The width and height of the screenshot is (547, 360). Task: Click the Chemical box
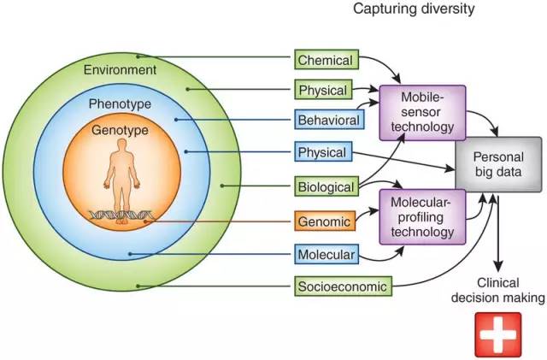pyautogui.click(x=326, y=60)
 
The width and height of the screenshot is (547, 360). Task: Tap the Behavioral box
pyautogui.click(x=326, y=121)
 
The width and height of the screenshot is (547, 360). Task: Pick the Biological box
pyautogui.click(x=326, y=185)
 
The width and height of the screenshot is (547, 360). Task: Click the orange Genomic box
pyautogui.click(x=325, y=221)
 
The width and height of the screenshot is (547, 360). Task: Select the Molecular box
pyautogui.click(x=326, y=254)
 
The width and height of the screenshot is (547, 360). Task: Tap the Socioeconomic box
pyautogui.click(x=342, y=286)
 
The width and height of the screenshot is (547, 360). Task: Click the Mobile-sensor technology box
pyautogui.click(x=422, y=112)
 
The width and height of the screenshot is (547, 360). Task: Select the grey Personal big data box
pyautogui.click(x=497, y=165)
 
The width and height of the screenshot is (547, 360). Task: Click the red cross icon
pyautogui.click(x=498, y=333)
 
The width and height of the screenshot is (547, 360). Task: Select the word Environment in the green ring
pyautogui.click(x=121, y=68)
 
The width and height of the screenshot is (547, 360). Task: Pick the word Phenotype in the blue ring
pyautogui.click(x=121, y=103)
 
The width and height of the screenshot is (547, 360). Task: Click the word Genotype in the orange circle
pyautogui.click(x=121, y=131)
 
